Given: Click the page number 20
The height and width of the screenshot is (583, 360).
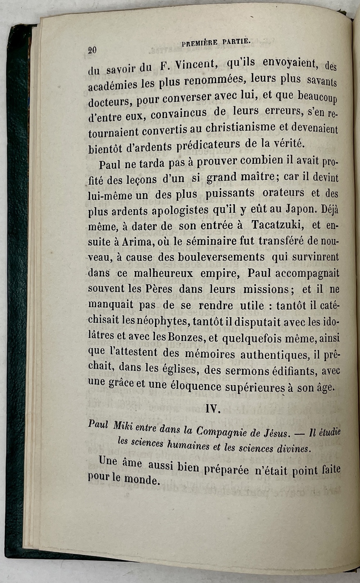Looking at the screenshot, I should point(93,50).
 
